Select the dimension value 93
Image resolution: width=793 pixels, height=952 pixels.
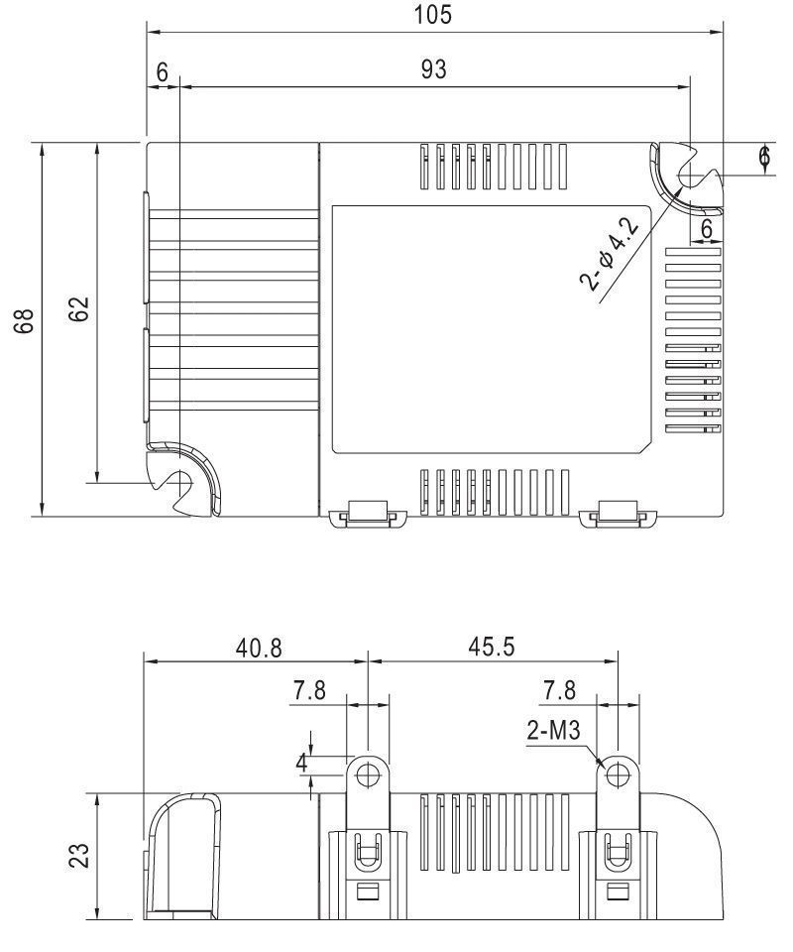[x=433, y=69]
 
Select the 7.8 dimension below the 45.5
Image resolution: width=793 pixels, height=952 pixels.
[x=562, y=691]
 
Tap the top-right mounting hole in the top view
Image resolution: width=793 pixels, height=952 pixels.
[x=690, y=178]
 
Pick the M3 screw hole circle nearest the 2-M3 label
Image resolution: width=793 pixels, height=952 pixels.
[x=618, y=773]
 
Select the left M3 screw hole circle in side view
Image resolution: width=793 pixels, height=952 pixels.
[x=368, y=773]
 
